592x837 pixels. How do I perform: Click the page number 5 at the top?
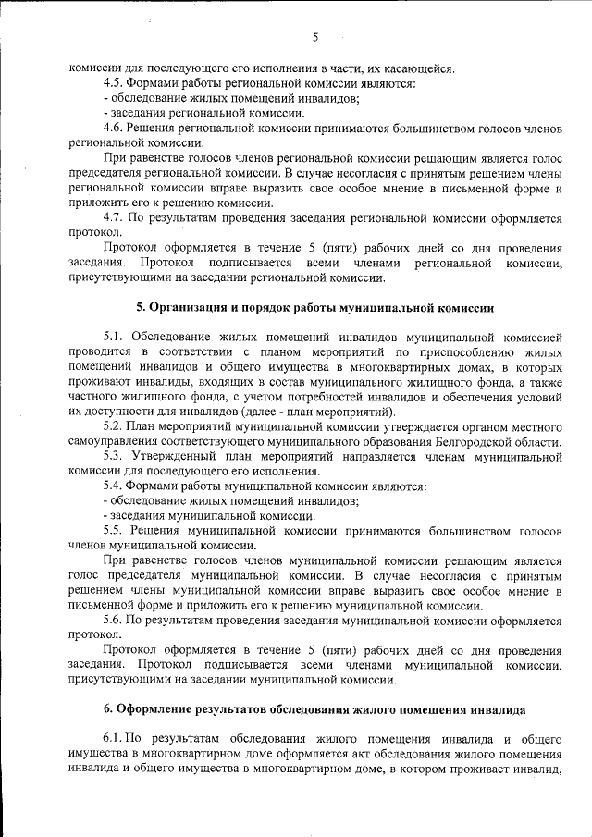click(x=314, y=37)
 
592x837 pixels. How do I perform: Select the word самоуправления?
click(x=113, y=442)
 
